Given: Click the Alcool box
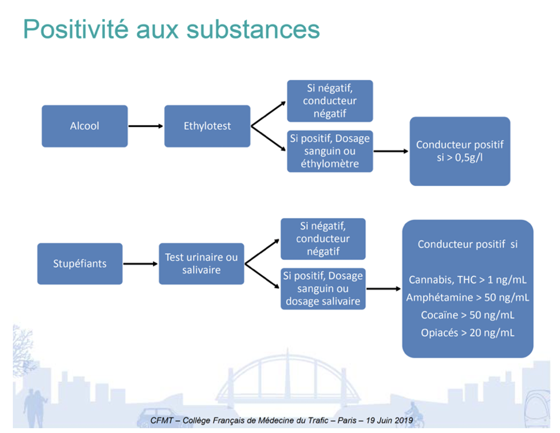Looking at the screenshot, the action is pos(85,126).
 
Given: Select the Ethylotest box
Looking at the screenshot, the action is pos(207,126).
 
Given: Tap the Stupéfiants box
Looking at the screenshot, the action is pos(80,264).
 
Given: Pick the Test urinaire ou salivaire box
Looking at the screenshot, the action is pos(201,264).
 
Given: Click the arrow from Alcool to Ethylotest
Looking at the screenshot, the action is pos(146,126).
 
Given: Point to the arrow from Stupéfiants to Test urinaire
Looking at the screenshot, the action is pos(140,264).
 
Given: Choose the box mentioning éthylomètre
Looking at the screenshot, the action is pos(330,151).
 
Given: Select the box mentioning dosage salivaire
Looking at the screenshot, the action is pos(323,289).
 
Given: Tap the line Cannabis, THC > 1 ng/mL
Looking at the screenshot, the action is pos(467,280).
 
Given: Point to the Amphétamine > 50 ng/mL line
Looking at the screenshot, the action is pos(467,297).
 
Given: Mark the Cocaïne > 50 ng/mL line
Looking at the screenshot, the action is pos(467,315).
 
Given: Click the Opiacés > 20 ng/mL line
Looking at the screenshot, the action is pos(467,333).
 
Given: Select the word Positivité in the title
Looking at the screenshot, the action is pos(75,29).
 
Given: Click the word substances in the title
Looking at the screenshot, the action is pos(253,29).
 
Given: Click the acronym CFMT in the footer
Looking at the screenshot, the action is pos(162,421).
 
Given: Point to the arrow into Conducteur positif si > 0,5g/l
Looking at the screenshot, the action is pos(391,151).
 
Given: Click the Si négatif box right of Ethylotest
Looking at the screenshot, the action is pos(330,101).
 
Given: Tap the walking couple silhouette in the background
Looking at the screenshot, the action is pos(35,408).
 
